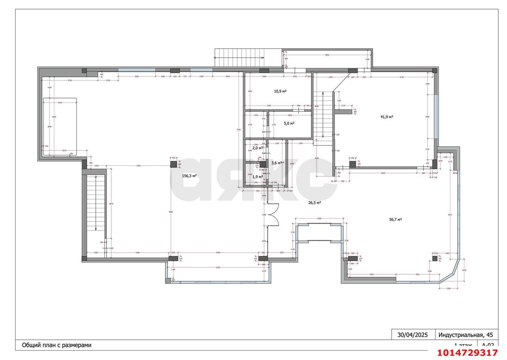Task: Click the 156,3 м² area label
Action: [189, 176]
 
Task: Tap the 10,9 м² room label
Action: [280, 91]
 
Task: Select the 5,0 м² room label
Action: [289, 123]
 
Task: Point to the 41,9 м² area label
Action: [387, 116]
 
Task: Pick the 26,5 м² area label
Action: [314, 202]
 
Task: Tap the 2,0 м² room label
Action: [257, 148]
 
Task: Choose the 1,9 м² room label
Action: [257, 177]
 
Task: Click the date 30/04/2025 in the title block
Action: [413, 335]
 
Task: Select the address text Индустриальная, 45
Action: [466, 335]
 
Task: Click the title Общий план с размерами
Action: [57, 345]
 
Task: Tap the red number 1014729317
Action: [467, 353]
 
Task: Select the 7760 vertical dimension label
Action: [238, 130]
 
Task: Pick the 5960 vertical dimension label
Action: [171, 212]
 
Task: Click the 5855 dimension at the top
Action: [327, 55]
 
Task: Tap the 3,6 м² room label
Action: [276, 163]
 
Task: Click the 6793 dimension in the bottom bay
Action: [218, 267]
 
